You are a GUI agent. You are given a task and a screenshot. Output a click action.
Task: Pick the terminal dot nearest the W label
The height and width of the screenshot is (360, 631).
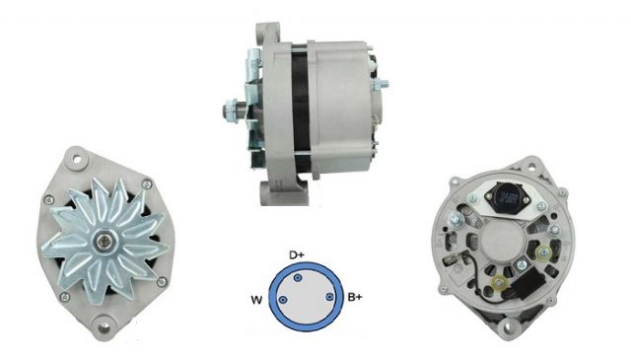click(x=283, y=301)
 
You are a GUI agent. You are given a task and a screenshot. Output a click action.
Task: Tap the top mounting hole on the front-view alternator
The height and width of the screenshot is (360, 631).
click(x=75, y=155)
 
